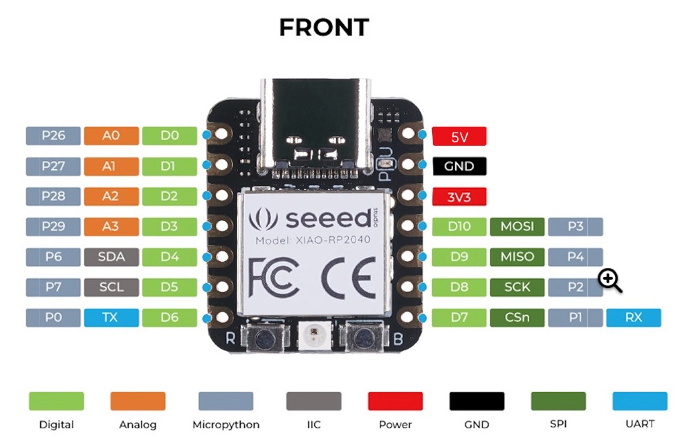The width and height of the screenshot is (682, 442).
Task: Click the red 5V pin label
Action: point(459,136)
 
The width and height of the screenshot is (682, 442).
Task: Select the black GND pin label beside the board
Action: point(459,166)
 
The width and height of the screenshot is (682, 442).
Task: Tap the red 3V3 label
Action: point(459,197)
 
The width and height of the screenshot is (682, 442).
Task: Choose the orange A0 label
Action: point(111,135)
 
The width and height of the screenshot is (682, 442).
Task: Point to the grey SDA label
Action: point(111,257)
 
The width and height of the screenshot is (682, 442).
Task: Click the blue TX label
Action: point(111,318)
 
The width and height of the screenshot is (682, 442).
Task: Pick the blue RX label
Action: point(633,318)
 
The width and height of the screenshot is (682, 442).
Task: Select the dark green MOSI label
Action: point(517,227)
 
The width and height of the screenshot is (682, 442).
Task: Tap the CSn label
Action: point(517,318)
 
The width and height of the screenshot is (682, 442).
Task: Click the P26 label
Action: point(53,135)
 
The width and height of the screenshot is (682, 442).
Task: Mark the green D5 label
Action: point(169,287)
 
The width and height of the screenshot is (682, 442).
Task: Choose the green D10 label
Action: point(459,227)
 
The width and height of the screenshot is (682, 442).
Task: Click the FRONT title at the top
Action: point(324,28)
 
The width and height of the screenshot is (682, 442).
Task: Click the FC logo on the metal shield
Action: point(275,277)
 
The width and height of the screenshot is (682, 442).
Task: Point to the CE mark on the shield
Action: point(349,277)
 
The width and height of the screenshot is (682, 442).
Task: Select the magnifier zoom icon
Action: point(610,280)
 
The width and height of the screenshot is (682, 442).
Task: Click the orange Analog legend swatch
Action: point(138,401)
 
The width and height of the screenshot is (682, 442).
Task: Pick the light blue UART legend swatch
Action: point(640,401)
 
